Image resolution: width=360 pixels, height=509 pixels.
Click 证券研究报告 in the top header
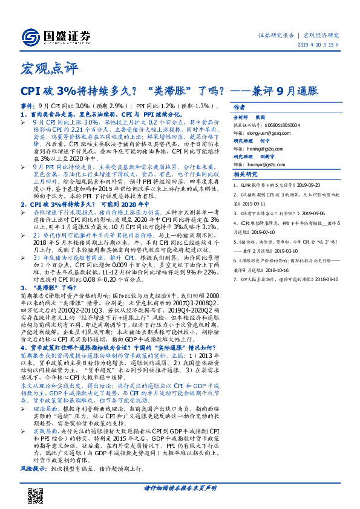coord(275,35)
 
